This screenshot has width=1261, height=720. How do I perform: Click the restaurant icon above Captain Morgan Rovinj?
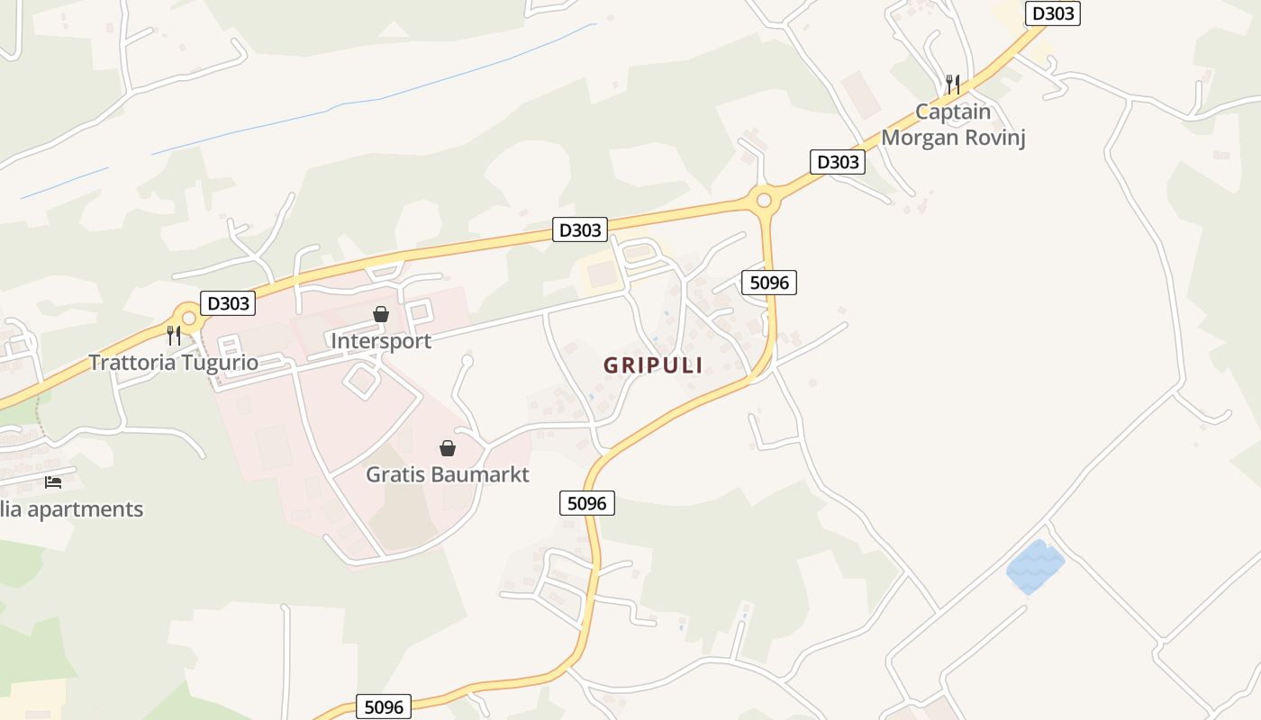click(953, 85)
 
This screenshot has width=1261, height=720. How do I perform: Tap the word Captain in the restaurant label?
click(953, 112)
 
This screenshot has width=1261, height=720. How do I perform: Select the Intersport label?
click(381, 341)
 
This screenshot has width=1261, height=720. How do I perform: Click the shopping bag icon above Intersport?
click(381, 314)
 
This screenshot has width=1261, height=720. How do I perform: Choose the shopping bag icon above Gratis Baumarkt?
click(447, 448)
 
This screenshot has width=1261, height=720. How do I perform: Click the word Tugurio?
click(219, 363)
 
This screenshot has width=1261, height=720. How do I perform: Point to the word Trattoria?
click(132, 363)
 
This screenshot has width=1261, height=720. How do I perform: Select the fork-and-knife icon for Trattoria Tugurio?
click(174, 336)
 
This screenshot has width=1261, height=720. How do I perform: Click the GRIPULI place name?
click(653, 365)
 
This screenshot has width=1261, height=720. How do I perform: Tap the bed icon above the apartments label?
click(53, 482)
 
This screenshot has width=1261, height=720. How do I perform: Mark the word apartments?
click(86, 509)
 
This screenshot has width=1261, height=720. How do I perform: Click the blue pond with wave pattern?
click(1035, 567)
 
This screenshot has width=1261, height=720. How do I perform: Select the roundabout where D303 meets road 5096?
click(765, 199)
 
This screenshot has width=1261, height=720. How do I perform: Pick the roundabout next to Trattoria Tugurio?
click(188, 318)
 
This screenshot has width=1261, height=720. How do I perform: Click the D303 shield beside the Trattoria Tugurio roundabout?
click(228, 303)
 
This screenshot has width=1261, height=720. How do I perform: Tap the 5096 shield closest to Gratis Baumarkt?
click(587, 503)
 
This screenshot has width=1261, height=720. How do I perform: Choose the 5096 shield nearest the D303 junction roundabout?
click(769, 283)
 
